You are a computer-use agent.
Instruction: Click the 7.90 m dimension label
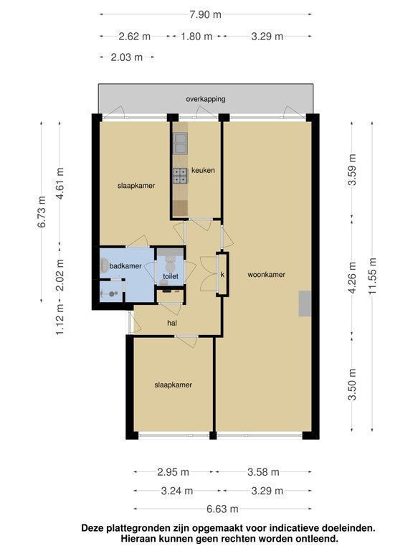[x=206, y=14]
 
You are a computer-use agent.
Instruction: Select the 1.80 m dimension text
[x=196, y=36]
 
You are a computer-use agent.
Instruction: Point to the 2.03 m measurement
[x=127, y=57]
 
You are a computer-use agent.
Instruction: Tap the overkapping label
[x=206, y=99]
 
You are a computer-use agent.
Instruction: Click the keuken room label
[x=203, y=171]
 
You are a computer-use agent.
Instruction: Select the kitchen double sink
[x=180, y=143]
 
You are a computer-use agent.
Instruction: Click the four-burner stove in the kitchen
[x=180, y=176]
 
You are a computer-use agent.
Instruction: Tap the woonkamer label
[x=266, y=275]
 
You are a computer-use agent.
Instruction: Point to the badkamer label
[x=125, y=266]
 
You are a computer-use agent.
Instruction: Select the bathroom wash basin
[x=104, y=266]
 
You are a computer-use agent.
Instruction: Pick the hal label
[x=172, y=323]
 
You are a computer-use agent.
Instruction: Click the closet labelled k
[x=223, y=275]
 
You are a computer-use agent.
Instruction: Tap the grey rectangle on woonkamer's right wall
[x=305, y=303]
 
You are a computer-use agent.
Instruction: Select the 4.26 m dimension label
[x=352, y=277]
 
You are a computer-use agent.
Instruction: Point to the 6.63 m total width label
[x=222, y=509]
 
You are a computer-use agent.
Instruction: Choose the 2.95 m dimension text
[x=173, y=472]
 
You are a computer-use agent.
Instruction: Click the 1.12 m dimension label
[x=60, y=319]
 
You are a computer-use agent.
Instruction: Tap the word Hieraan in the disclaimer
[x=138, y=538]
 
